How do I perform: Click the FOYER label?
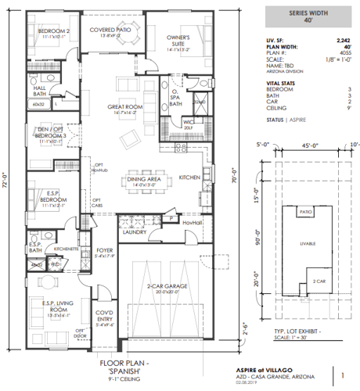click(104, 250)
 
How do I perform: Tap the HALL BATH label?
click(39, 91)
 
